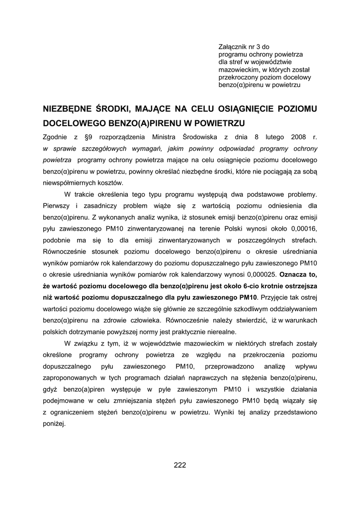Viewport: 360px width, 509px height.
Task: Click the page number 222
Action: [x=180, y=465]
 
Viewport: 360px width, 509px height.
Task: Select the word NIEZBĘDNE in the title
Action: [x=67, y=108]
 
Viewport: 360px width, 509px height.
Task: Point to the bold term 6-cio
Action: [x=241, y=286]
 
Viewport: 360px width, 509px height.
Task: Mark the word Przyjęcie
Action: [x=276, y=297]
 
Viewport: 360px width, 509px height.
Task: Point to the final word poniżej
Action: [x=55, y=424]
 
